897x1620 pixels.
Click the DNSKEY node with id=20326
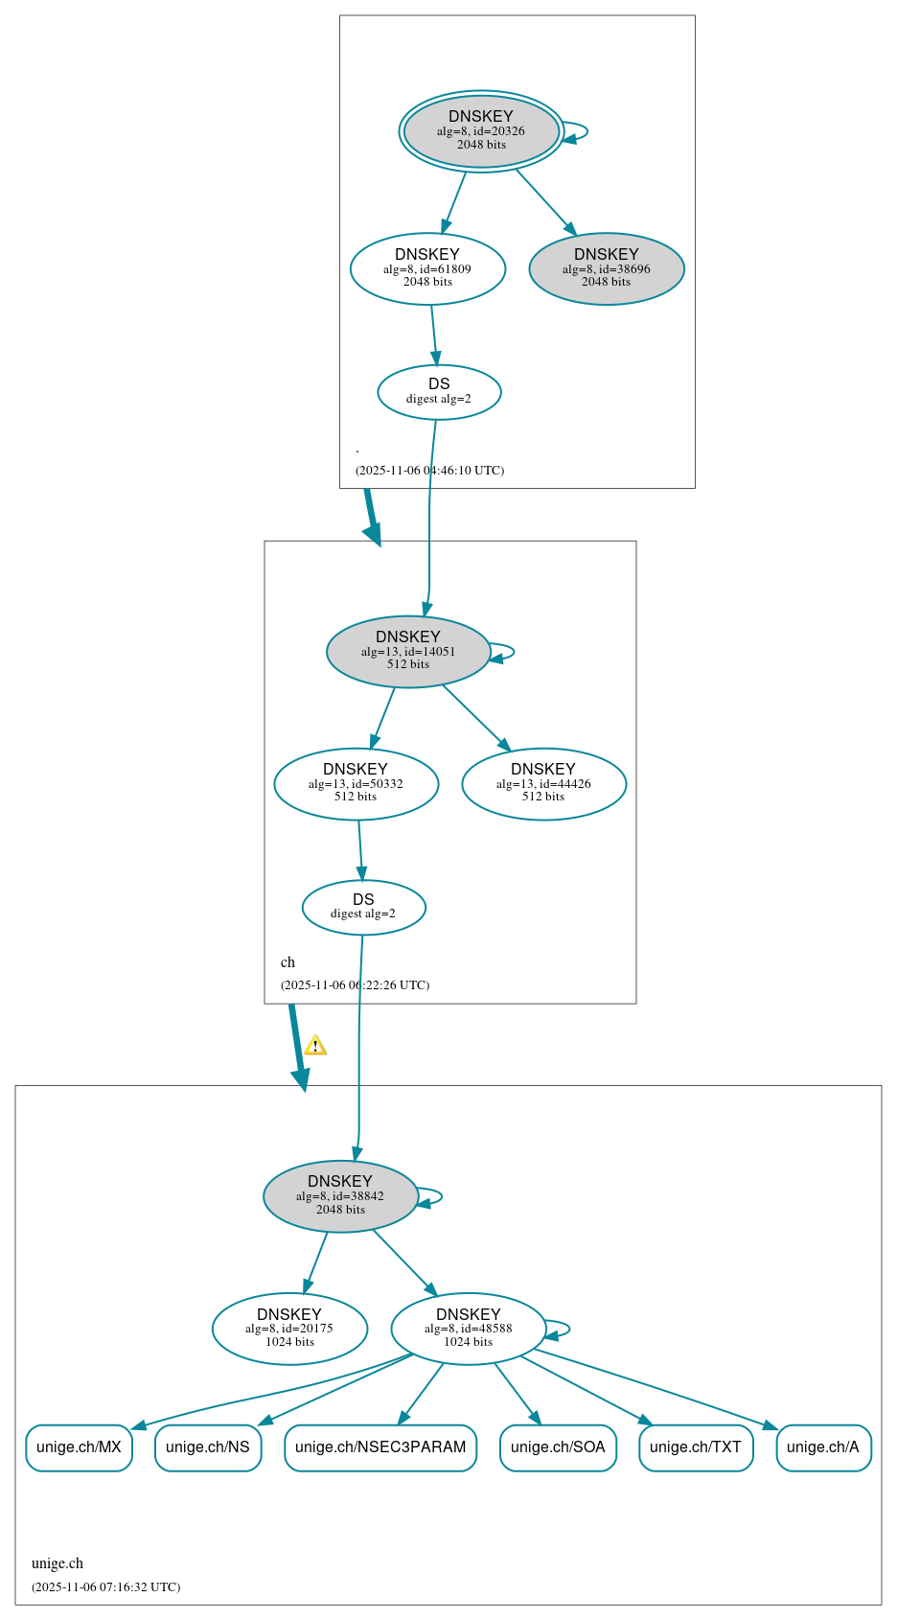tap(481, 131)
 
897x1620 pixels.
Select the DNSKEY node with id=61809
tap(427, 268)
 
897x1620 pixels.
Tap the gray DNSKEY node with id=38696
tap(607, 268)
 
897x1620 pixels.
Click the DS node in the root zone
tap(439, 391)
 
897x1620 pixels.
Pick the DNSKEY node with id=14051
tap(408, 651)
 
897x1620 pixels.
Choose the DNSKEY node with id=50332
tap(356, 783)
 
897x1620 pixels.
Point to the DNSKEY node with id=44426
tap(543, 783)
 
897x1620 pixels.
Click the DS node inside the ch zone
tap(363, 906)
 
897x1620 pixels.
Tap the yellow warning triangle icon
tap(315, 1045)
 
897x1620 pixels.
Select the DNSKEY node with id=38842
tap(340, 1195)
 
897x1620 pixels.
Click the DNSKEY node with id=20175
tap(289, 1328)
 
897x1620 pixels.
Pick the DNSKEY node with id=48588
tap(469, 1328)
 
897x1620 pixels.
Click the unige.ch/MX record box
tap(79, 1446)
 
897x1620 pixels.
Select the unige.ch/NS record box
tap(208, 1446)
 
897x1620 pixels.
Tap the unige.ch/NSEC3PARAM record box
tap(380, 1446)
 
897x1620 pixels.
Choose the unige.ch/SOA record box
tap(558, 1446)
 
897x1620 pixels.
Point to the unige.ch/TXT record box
tap(696, 1446)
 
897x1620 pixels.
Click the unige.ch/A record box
tap(823, 1446)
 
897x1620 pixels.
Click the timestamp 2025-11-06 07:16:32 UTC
tap(105, 1586)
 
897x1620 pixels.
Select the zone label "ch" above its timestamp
tap(287, 962)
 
